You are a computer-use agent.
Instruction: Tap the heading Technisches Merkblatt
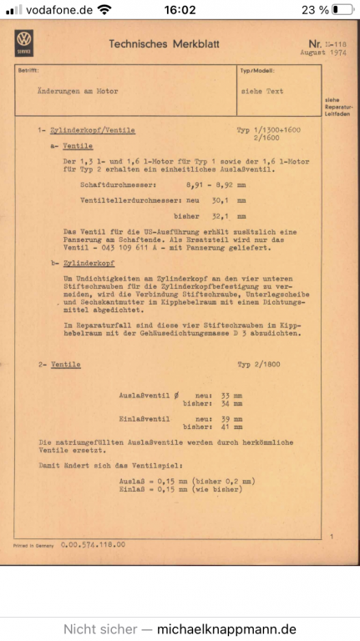click(x=161, y=43)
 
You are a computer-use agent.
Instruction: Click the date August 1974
click(x=304, y=52)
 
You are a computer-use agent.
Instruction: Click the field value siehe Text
click(x=261, y=91)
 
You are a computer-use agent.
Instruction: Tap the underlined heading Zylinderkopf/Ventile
click(x=93, y=131)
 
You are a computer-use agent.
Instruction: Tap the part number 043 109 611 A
click(x=122, y=247)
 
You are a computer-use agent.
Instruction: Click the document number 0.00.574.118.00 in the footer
click(x=93, y=543)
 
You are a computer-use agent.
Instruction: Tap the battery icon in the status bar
click(x=342, y=10)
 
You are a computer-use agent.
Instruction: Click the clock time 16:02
click(x=180, y=10)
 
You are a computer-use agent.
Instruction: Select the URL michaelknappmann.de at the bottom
click(x=226, y=628)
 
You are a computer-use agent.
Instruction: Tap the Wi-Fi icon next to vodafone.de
click(x=104, y=10)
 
